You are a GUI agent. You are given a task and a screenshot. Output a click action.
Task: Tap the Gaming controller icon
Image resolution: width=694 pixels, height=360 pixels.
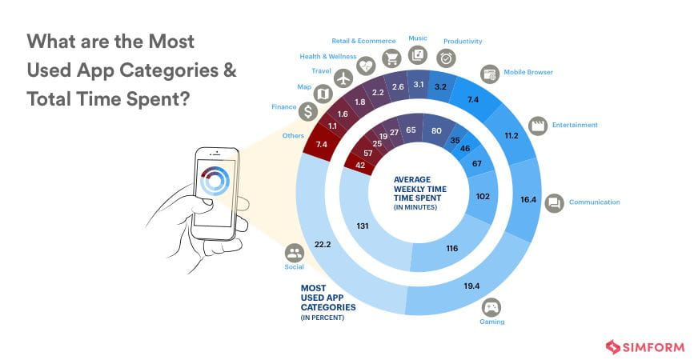tap(490, 307)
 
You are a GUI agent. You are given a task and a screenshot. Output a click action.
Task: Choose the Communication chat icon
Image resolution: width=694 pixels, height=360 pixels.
tap(554, 202)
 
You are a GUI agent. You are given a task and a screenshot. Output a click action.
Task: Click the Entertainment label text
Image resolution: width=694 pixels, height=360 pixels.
tap(576, 125)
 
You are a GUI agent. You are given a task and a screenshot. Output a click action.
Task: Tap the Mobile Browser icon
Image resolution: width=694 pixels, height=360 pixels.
tap(490, 73)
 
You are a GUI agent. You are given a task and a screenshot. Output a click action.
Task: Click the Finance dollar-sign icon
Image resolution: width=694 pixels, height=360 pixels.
tap(307, 110)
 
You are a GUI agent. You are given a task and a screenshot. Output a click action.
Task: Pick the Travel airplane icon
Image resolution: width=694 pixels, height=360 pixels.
tap(343, 78)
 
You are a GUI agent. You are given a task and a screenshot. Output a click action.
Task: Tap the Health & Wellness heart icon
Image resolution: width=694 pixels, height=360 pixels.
tap(367, 65)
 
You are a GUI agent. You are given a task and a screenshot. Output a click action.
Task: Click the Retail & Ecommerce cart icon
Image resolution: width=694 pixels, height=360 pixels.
tap(391, 58)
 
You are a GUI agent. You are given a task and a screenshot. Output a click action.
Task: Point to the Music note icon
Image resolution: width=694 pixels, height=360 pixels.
tap(417, 54)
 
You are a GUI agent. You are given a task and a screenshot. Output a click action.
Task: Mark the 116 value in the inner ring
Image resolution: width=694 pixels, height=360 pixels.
tap(451, 249)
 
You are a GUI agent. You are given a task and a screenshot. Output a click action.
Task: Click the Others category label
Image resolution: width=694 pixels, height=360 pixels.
tap(294, 135)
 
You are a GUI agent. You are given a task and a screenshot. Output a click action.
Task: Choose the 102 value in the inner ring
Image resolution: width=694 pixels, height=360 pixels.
tap(483, 196)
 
